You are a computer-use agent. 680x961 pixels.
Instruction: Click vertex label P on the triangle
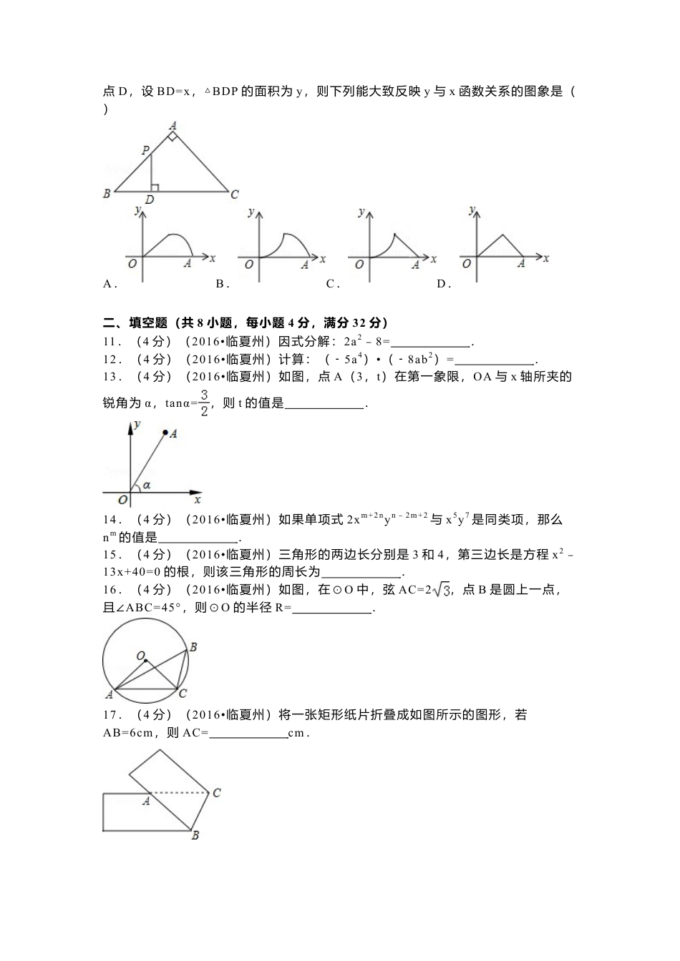145,150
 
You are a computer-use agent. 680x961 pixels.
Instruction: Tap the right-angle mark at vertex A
172,136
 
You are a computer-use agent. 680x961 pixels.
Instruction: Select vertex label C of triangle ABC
234,193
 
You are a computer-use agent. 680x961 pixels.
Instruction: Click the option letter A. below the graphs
110,284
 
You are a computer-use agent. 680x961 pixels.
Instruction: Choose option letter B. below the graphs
222,284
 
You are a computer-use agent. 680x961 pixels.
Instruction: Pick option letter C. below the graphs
332,284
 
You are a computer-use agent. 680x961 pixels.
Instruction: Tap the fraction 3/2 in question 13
204,403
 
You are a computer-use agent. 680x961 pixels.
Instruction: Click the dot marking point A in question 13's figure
165,433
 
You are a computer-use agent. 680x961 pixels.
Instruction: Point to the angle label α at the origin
146,486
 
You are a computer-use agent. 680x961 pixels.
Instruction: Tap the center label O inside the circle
140,655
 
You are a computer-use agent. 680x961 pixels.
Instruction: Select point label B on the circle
193,647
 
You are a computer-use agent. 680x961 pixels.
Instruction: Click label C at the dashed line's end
216,792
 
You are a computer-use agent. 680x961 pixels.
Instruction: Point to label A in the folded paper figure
146,802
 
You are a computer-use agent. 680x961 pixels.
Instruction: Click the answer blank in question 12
494,360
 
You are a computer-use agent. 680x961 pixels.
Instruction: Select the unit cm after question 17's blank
296,733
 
